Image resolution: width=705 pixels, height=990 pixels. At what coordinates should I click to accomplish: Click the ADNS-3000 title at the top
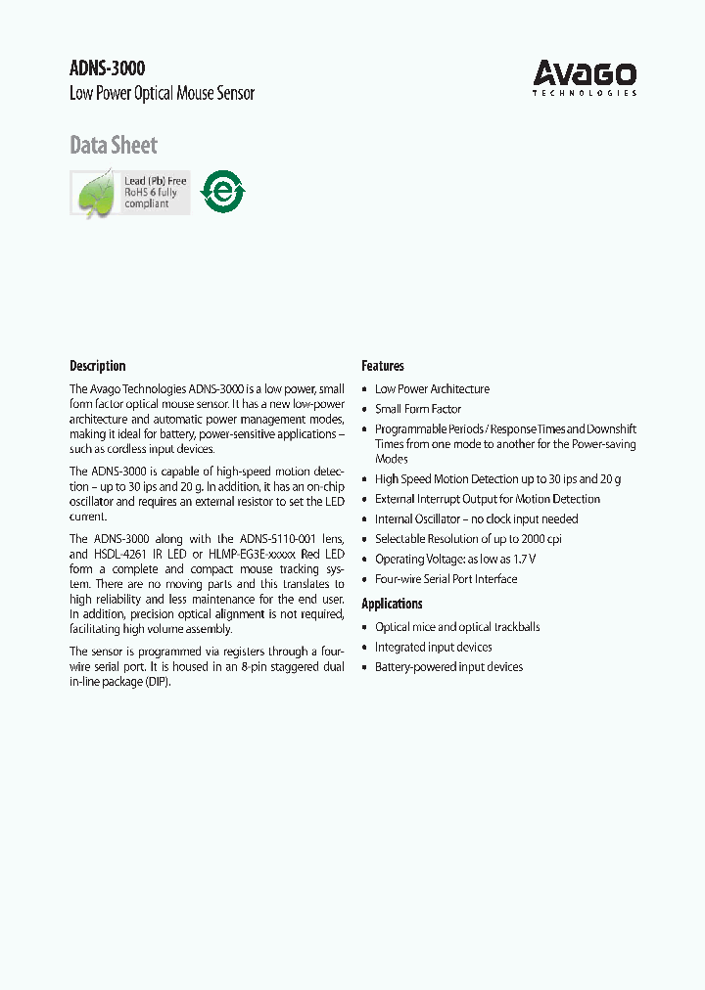(x=107, y=68)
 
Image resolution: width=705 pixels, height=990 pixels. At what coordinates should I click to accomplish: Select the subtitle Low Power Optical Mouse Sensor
(x=162, y=94)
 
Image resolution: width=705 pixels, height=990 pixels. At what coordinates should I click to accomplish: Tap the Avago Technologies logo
(x=585, y=77)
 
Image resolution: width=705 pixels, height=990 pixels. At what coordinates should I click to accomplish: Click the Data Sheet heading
(x=113, y=146)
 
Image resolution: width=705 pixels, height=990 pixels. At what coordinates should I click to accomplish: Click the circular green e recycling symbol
(x=222, y=192)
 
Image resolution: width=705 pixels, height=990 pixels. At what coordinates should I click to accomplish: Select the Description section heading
(x=97, y=366)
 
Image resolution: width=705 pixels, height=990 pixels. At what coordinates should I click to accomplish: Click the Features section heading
(x=382, y=366)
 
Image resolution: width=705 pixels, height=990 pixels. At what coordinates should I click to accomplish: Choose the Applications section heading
(x=392, y=604)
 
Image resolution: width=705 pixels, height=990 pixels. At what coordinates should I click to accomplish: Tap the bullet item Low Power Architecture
(x=432, y=389)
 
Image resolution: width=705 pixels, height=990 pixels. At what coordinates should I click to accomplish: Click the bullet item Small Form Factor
(x=418, y=409)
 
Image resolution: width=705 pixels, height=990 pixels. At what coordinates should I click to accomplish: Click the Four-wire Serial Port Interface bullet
(x=446, y=579)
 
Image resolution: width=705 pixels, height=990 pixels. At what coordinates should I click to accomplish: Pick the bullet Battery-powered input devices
(x=448, y=667)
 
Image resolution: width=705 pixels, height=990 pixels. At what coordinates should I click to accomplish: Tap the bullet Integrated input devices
(x=433, y=648)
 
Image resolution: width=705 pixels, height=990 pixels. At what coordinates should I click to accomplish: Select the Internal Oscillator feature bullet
(x=476, y=519)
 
